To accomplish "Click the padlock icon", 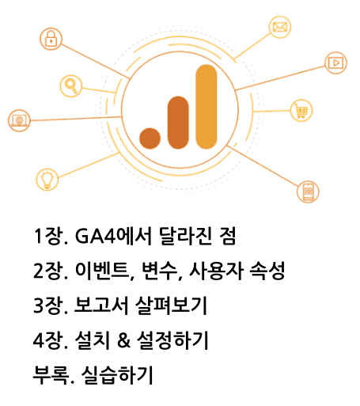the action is click(51, 39).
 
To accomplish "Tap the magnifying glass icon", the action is click(70, 86).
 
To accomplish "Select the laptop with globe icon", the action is click(19, 120).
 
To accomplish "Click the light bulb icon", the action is click(47, 180).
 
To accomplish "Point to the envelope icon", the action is click(280, 27).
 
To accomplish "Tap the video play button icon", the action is click(335, 63).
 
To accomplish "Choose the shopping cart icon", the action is click(301, 111).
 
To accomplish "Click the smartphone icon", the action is click(308, 192).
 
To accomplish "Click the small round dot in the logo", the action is click(150, 138).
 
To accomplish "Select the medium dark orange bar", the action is click(178, 123).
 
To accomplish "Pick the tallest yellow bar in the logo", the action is click(207, 107).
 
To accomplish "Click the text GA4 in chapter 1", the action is click(96, 236).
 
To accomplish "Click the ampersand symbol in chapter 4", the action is click(124, 340).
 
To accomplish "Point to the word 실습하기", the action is click(117, 375).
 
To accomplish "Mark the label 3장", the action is click(49, 305).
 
